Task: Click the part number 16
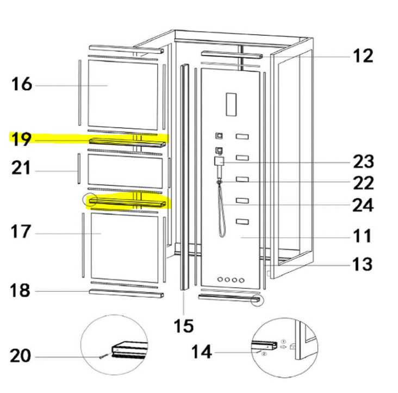pos(22,85)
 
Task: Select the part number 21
pos(22,169)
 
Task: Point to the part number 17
pos(22,233)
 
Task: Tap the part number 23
pos(362,161)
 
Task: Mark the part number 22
pos(362,183)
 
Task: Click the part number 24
pos(362,205)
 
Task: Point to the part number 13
pos(362,264)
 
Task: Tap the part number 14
pos(202,352)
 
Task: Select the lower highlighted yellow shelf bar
pos(128,202)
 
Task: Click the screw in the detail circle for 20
pos(104,356)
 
